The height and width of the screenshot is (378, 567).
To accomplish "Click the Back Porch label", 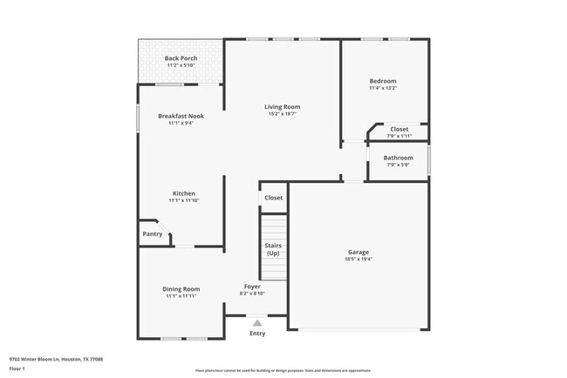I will tap(181, 58).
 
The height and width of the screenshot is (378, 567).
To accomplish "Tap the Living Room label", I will tap(282, 107).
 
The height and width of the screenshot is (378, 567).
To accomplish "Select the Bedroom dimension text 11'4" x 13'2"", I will tap(382, 87).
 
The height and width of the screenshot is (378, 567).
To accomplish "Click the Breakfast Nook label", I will tap(181, 116).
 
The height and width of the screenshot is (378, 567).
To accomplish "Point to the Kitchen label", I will tap(183, 193).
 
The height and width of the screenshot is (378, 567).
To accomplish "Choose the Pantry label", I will tap(153, 233).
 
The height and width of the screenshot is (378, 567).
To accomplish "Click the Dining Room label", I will tap(181, 289).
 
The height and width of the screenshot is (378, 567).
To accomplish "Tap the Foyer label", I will tap(252, 286).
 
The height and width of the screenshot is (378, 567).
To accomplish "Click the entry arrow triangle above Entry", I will tap(257, 322).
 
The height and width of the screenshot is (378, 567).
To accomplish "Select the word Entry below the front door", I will tap(257, 334).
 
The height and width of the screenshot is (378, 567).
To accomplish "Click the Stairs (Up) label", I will tap(273, 249).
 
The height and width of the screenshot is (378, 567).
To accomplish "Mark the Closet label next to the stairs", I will tap(273, 198).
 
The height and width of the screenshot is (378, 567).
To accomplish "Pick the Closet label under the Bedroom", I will tap(399, 129).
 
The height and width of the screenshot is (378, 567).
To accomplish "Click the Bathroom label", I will tap(399, 158).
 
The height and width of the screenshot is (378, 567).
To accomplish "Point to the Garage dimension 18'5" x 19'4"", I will tap(359, 260).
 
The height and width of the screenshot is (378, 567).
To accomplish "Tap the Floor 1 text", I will tap(17, 368).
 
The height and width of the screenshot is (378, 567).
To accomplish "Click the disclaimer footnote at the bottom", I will tap(283, 371).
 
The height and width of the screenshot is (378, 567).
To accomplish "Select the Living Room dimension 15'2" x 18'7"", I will tap(282, 114).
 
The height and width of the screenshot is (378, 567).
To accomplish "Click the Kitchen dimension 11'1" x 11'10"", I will tap(183, 200).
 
